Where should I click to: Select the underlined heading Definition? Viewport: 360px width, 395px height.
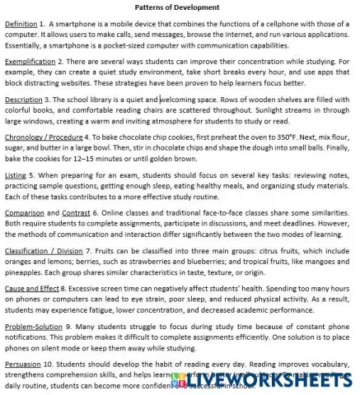(21, 26)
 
